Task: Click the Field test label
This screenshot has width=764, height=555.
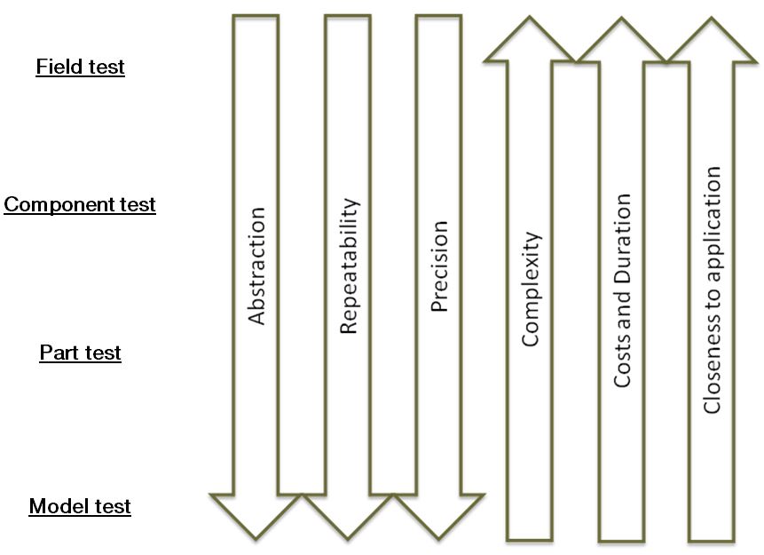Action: [x=80, y=67]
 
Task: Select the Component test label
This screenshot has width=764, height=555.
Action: [x=80, y=205]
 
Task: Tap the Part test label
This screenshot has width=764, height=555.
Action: [x=80, y=353]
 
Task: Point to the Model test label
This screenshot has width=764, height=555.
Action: [x=80, y=507]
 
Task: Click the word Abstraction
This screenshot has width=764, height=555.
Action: [x=256, y=266]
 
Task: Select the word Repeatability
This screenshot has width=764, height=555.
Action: [x=348, y=266]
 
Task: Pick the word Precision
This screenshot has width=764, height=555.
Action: [x=438, y=266]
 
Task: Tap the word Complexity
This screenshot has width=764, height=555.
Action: [x=531, y=289]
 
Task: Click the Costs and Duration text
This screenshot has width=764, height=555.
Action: [x=622, y=290]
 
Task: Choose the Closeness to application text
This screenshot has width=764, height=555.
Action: [x=712, y=290]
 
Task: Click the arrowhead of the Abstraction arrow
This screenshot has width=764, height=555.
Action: [x=256, y=515]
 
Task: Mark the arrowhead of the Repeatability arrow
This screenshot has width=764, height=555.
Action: [x=347, y=515]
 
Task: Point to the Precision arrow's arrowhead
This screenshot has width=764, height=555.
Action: [x=438, y=515]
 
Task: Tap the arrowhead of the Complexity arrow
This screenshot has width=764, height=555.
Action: [x=531, y=43]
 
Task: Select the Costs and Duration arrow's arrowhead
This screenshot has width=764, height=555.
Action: [x=622, y=43]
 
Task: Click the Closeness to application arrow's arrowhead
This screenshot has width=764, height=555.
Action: [x=712, y=43]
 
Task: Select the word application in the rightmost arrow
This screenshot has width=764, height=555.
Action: [x=712, y=222]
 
